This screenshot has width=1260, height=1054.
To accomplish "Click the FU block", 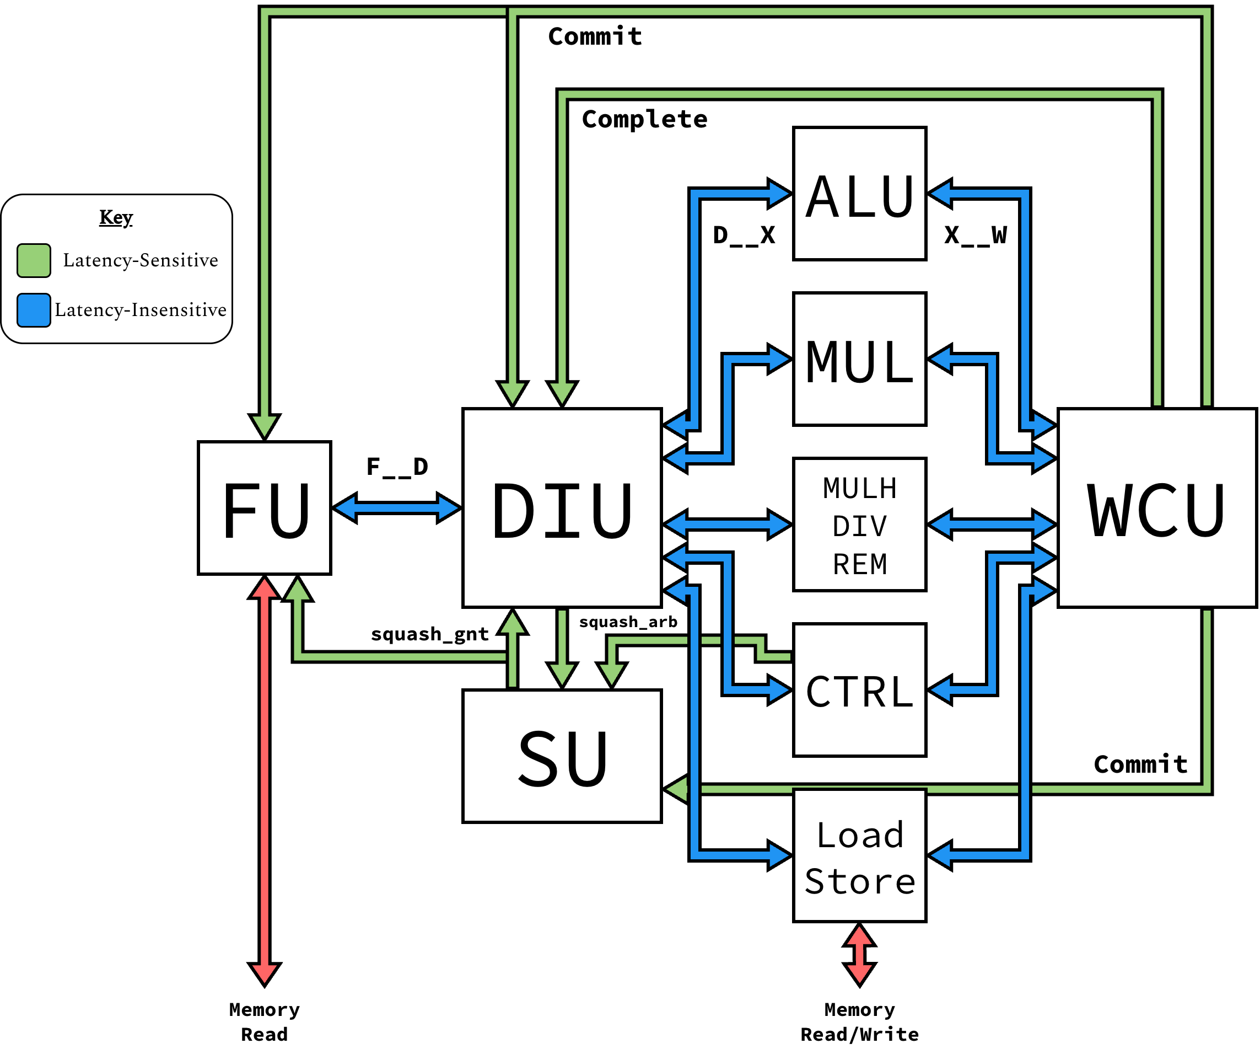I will [264, 508].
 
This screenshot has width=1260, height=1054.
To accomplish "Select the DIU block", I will [562, 508].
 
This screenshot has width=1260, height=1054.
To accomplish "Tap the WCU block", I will [1157, 508].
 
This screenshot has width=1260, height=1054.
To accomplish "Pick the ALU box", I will [859, 193].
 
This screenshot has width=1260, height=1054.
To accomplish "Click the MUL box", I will [859, 359].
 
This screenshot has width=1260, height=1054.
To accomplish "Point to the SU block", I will [562, 756].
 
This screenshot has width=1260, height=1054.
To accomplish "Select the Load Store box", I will [859, 855].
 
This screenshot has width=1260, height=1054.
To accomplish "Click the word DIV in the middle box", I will [859, 526].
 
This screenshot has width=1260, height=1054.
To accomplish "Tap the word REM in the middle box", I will [859, 564].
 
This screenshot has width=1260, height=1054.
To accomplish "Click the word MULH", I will [859, 489].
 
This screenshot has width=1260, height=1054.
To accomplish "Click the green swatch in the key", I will [34, 260].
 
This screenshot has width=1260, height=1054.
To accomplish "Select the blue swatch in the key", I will [34, 310].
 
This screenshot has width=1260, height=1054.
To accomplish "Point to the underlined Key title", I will [116, 217].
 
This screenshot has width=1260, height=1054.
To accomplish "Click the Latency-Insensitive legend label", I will [141, 310].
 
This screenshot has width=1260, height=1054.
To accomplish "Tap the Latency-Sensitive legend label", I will [141, 260].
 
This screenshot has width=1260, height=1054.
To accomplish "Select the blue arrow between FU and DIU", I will [397, 508].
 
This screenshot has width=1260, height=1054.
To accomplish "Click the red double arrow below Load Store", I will [859, 954].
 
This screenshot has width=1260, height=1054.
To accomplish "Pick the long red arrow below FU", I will [264, 780].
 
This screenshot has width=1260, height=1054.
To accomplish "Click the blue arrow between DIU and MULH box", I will [727, 524].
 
